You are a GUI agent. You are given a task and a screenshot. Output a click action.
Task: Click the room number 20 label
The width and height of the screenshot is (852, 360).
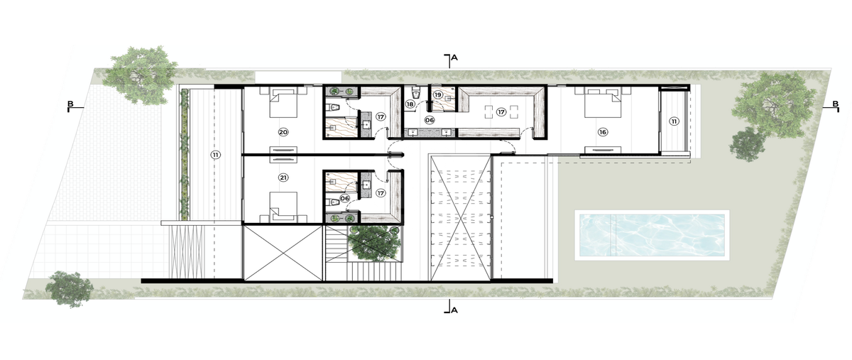(x=283, y=132)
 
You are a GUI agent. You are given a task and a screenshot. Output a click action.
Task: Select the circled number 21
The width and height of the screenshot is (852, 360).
(x=283, y=178)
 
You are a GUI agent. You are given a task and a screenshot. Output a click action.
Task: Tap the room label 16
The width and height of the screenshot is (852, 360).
(x=603, y=132)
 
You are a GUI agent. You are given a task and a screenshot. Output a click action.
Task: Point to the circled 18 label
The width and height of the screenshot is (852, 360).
(x=410, y=104)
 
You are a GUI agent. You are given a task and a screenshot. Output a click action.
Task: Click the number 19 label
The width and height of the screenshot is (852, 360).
(x=438, y=94)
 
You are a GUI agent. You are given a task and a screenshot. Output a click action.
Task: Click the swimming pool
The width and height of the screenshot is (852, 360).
(x=652, y=235)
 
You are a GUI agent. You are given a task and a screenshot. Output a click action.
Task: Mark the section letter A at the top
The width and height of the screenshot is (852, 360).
(x=454, y=58)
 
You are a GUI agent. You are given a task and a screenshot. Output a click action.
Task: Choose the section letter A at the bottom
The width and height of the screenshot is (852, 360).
(x=454, y=310)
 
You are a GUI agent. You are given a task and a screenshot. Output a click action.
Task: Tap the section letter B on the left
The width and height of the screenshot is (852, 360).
(x=70, y=104)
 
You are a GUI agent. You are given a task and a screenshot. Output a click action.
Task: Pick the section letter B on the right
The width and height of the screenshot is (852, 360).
(x=835, y=104)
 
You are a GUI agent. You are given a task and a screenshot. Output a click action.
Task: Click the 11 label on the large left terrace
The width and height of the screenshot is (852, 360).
(x=216, y=155)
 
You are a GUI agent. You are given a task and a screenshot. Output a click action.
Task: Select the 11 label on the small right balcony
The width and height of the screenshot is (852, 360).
(x=674, y=121)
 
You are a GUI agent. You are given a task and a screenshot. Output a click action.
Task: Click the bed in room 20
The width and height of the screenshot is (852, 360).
(x=283, y=102)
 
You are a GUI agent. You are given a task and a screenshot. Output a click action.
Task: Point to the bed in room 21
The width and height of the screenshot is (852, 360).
(x=283, y=207)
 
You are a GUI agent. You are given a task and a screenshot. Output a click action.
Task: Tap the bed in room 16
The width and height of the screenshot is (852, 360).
(x=603, y=102)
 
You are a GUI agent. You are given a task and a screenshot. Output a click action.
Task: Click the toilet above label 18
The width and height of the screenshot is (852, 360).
(x=416, y=92)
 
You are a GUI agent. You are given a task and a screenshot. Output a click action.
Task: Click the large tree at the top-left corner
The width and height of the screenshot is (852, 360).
(x=141, y=75)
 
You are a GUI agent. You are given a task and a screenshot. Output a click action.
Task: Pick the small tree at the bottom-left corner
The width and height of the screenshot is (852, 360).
(x=70, y=288)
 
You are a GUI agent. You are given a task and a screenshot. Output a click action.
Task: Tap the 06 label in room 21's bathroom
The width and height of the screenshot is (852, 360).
(x=344, y=198)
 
